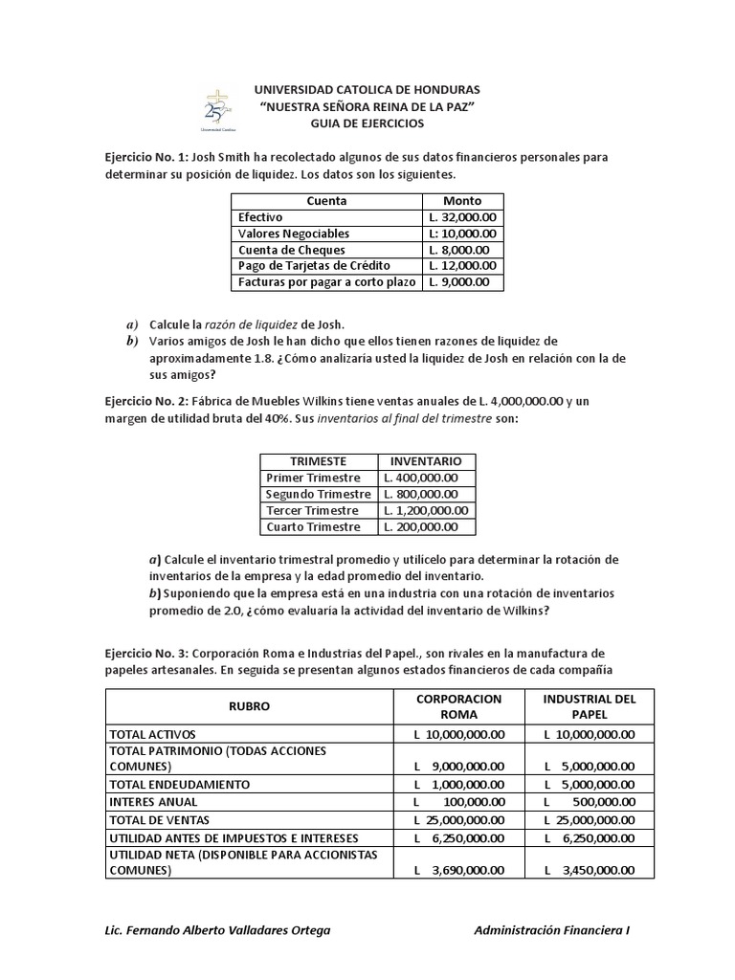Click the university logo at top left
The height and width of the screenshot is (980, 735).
click(218, 109)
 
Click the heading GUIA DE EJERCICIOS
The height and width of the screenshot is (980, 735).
click(367, 123)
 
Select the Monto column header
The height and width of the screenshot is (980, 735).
click(462, 201)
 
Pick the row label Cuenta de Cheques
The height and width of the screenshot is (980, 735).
click(291, 250)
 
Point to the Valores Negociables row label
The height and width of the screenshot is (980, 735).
click(294, 234)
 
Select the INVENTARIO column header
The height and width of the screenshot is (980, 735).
click(425, 461)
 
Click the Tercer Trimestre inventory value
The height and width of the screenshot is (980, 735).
click(425, 511)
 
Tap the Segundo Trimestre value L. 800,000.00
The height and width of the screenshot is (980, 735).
click(420, 495)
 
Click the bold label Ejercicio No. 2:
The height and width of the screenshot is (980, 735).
click(147, 401)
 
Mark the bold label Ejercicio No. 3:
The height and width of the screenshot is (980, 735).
click(147, 652)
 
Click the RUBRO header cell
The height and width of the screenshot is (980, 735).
click(249, 706)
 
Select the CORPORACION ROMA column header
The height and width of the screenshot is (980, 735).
click(458, 706)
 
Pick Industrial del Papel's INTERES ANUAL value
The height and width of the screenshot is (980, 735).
click(589, 802)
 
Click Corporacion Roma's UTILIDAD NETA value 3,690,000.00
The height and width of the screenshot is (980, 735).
click(458, 871)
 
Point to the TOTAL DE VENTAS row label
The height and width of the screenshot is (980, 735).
click(160, 820)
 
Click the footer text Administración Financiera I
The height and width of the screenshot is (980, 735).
click(552, 930)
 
